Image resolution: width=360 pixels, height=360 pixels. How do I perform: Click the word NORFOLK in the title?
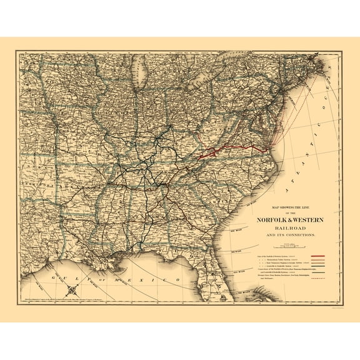pos(271,220)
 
